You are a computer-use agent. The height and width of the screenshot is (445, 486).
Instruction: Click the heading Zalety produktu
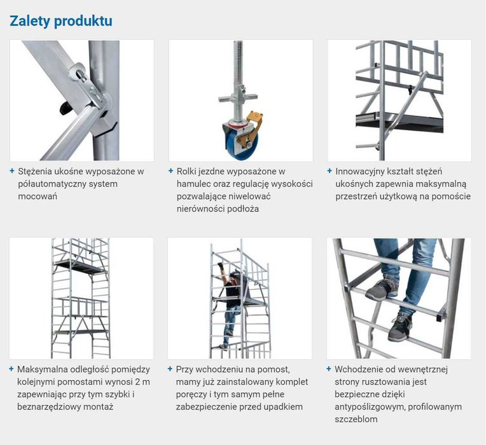[60, 21]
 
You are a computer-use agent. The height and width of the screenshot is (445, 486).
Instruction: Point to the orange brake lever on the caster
[254, 121]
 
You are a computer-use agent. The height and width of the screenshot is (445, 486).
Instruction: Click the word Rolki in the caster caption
[187, 171]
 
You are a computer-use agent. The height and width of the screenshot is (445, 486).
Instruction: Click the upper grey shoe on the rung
[382, 289]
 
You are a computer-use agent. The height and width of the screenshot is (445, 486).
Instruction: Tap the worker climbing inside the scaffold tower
[232, 292]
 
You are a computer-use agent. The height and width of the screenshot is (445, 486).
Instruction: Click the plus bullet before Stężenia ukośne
[12, 171]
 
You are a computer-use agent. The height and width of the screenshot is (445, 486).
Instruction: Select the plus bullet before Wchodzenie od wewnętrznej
[329, 369]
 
